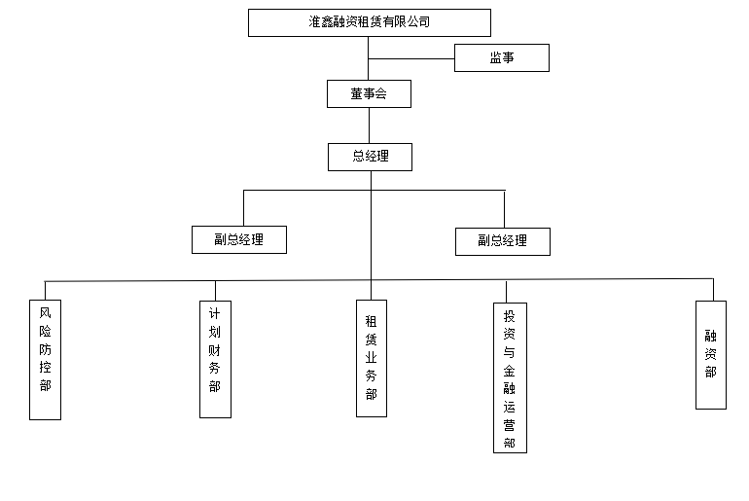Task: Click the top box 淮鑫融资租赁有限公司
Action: (x=370, y=22)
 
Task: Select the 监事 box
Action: (x=502, y=57)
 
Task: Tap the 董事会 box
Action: (x=369, y=93)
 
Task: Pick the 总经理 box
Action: (x=370, y=157)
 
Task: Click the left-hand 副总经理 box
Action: (x=239, y=239)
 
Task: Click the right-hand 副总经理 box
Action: (x=503, y=241)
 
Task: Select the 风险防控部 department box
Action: (x=45, y=360)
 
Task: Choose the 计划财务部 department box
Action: (x=215, y=359)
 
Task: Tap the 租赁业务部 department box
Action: (x=372, y=358)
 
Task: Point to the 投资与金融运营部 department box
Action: (x=510, y=377)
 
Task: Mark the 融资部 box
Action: (x=711, y=355)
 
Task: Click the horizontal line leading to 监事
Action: (x=411, y=58)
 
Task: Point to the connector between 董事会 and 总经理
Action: (x=369, y=125)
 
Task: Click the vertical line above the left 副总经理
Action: (x=243, y=208)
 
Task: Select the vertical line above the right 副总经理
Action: (x=505, y=209)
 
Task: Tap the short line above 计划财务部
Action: (x=215, y=291)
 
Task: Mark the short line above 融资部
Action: (x=713, y=290)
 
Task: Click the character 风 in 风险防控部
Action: (x=45, y=313)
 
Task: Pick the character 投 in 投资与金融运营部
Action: (x=509, y=316)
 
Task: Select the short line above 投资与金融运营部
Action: (x=507, y=292)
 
